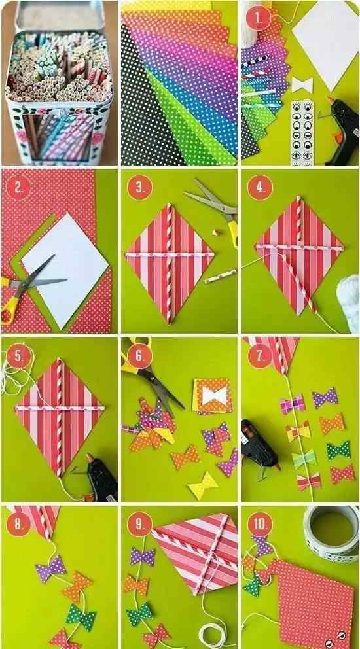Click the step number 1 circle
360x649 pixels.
point(259,19)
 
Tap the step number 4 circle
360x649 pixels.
point(260,188)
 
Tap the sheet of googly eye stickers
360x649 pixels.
point(302,133)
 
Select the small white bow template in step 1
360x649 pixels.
point(302,85)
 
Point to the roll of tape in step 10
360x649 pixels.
point(331,533)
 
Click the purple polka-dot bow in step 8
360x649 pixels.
point(50,569)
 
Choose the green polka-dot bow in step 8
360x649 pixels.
point(81,614)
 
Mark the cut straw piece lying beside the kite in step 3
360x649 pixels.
point(221,276)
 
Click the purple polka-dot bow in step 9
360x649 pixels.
point(142,556)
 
